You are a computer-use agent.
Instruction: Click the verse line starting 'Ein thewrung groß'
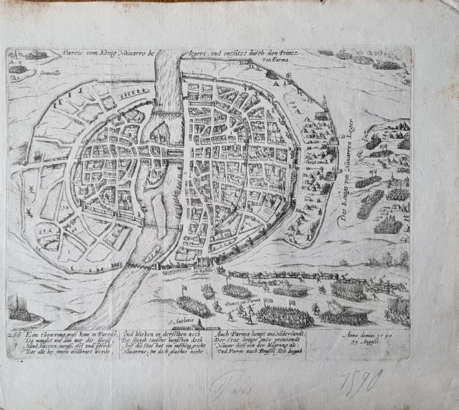click(60, 334)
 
